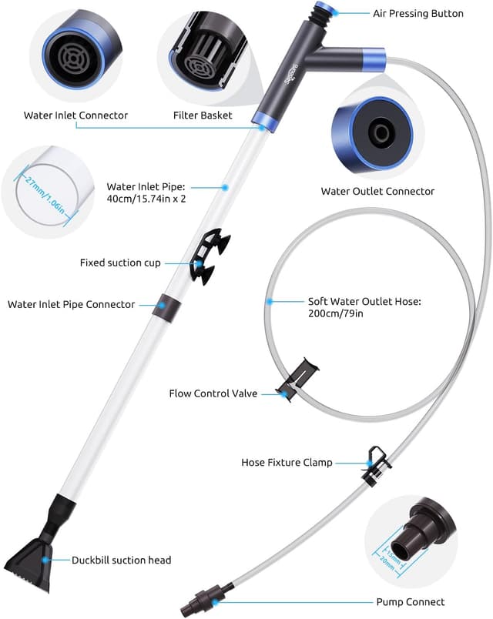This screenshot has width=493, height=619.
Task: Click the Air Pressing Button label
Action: tap(418, 14)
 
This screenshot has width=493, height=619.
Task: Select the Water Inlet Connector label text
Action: tap(75, 115)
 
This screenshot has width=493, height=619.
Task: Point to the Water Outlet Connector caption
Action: tap(377, 191)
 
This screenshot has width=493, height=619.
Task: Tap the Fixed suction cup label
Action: tap(120, 263)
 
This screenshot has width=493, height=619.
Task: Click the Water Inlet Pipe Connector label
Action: tap(71, 304)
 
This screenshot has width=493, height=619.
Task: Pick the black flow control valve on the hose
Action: tap(299, 380)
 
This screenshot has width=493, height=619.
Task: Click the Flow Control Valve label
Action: tap(213, 393)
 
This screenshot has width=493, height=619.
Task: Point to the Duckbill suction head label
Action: tap(122, 560)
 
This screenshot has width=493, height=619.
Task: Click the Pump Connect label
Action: tap(411, 601)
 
